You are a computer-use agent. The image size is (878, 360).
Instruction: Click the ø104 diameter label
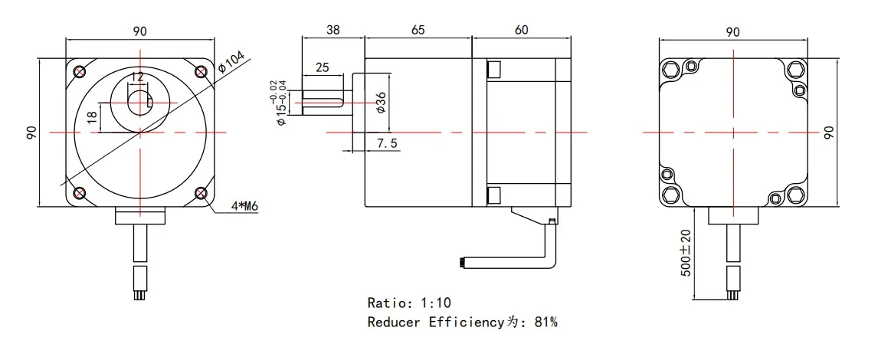click(x=232, y=61)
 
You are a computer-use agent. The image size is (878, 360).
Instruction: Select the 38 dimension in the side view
click(x=333, y=30)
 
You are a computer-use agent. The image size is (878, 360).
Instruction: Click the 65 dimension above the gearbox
click(x=418, y=30)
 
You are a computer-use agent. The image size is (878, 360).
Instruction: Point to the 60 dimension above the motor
click(x=521, y=30)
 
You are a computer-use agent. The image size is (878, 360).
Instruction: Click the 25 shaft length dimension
click(x=322, y=67)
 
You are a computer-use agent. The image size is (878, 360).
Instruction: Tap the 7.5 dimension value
click(x=387, y=143)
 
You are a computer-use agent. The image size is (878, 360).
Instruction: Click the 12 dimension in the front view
click(x=137, y=77)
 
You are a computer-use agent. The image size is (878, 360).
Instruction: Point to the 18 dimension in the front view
click(x=92, y=117)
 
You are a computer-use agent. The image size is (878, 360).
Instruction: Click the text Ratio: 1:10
click(x=414, y=303)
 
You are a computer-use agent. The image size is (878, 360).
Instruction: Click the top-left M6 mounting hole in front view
click(x=80, y=73)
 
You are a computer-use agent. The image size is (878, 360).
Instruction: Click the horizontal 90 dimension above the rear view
click(x=732, y=31)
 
